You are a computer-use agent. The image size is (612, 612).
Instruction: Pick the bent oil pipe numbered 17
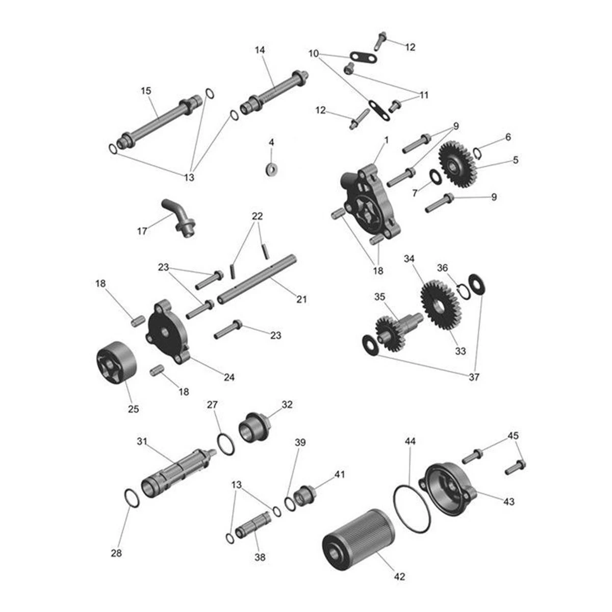pyautogui.click(x=178, y=217)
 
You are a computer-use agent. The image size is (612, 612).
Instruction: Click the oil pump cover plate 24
pyautogui.click(x=168, y=331)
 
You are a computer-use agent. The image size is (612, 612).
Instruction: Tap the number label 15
pyautogui.click(x=146, y=91)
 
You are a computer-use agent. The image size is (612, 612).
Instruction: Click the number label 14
pyautogui.click(x=260, y=49)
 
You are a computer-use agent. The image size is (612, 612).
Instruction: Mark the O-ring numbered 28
pyautogui.click(x=131, y=498)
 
